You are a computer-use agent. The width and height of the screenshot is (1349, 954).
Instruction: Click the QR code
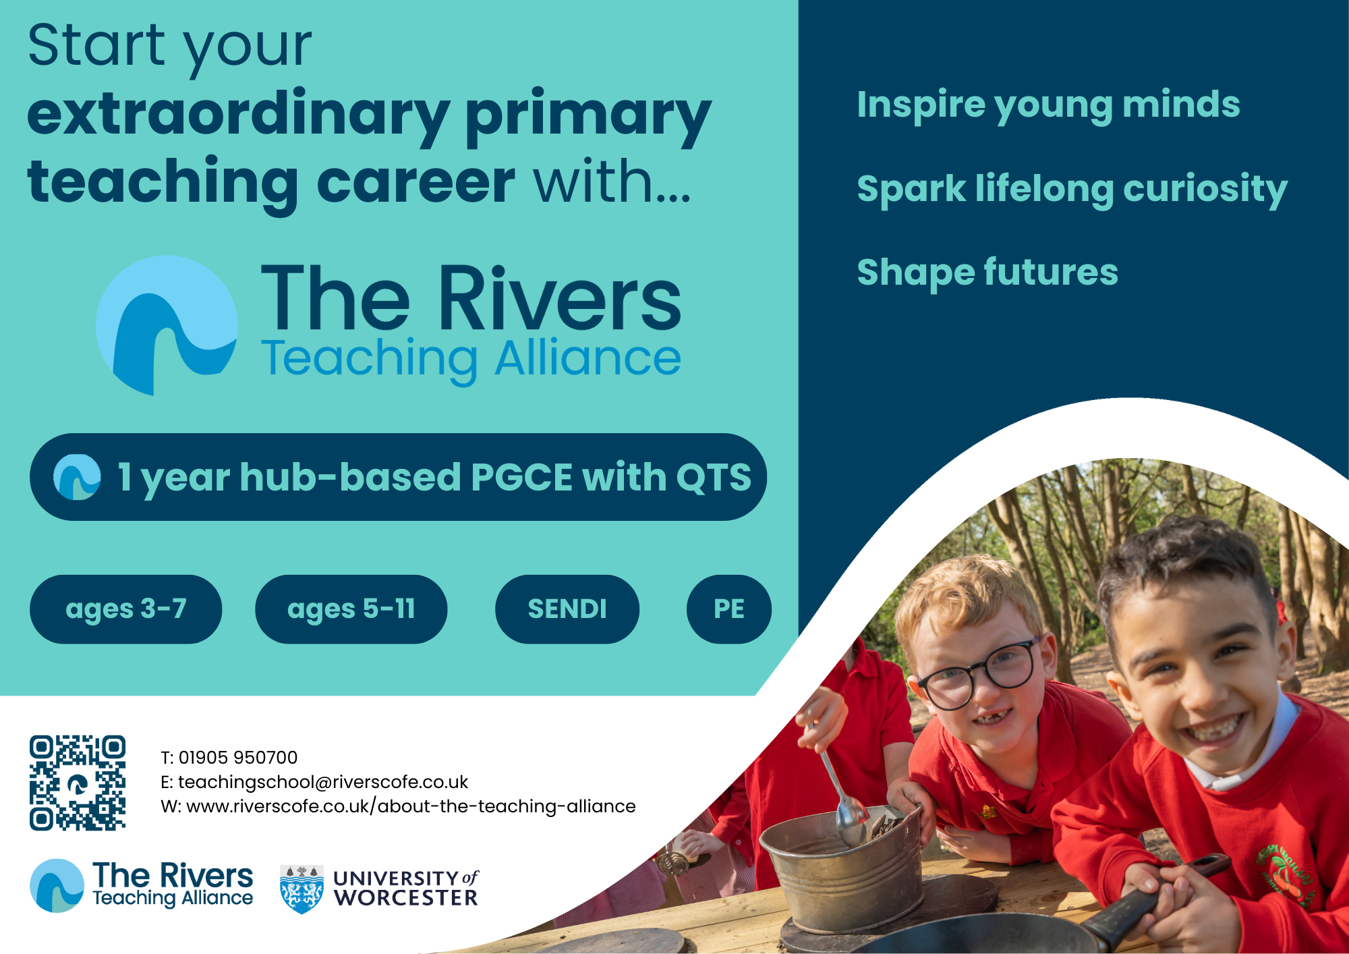(x=78, y=783)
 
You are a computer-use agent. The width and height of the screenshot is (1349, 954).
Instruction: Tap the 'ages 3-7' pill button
(x=125, y=609)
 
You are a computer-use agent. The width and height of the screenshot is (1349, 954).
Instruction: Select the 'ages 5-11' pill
(x=351, y=609)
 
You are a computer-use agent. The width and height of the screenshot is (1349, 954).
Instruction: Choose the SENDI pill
(x=567, y=609)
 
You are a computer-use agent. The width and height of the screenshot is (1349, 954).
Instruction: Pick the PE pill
(x=729, y=609)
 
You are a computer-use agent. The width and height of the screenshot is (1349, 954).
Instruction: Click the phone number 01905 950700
(x=238, y=758)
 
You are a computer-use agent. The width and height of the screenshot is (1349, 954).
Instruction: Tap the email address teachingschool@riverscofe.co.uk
(x=323, y=782)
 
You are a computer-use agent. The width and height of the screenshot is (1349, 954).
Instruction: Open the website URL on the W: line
(x=411, y=806)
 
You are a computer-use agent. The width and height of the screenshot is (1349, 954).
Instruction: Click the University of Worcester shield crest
(x=302, y=889)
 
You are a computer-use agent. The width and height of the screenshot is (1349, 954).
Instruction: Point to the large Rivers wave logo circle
(x=167, y=325)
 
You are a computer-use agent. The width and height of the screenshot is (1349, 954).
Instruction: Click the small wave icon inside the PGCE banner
(x=77, y=477)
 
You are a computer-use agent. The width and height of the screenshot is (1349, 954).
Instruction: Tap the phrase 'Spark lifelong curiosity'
(x=1072, y=190)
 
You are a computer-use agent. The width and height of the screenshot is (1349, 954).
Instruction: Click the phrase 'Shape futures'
(x=987, y=273)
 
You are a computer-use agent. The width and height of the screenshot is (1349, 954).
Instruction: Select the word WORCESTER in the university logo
(x=405, y=898)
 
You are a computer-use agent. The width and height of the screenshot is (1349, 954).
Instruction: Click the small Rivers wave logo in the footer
(x=57, y=886)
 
